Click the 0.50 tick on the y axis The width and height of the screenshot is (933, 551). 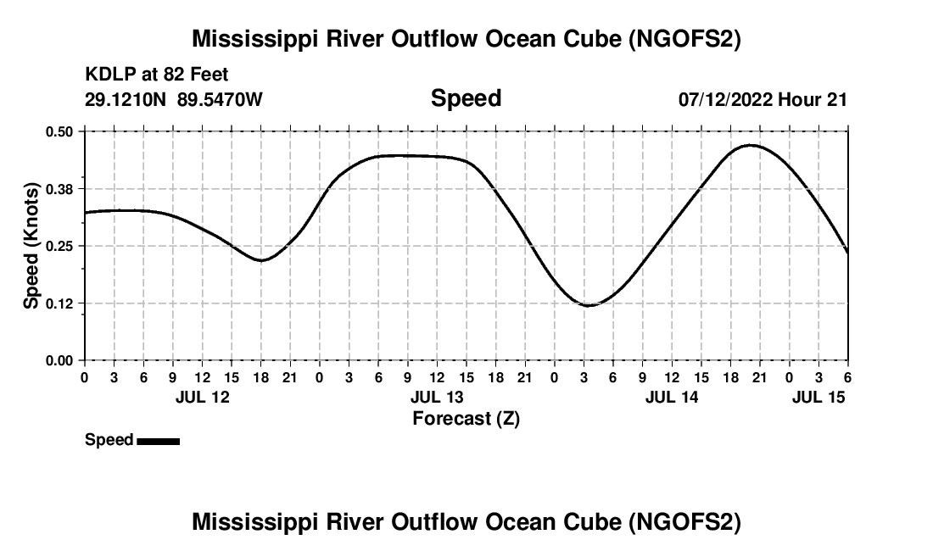tap(60, 131)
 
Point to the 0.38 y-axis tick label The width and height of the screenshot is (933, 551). tap(60, 188)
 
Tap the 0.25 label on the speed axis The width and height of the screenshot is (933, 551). tap(60, 246)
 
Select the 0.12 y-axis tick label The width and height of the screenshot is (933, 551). tap(60, 303)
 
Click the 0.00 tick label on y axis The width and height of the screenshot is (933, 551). tap(60, 360)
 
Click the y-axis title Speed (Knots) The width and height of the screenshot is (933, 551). tap(31, 246)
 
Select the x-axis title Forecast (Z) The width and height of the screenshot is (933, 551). tap(466, 418)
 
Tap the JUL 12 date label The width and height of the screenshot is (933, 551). tap(202, 397)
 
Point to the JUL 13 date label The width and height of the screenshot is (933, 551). tap(437, 397)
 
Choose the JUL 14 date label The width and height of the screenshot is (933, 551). tap(672, 397)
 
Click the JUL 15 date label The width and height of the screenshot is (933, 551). tap(818, 397)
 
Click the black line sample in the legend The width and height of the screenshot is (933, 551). tap(158, 441)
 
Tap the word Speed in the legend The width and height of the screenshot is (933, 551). tap(109, 440)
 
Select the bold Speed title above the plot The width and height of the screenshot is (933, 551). tap(466, 98)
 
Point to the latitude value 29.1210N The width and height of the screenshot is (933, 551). tap(127, 99)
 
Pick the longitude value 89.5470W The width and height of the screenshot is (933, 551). tap(220, 99)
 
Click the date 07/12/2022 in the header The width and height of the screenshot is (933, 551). tap(725, 99)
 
